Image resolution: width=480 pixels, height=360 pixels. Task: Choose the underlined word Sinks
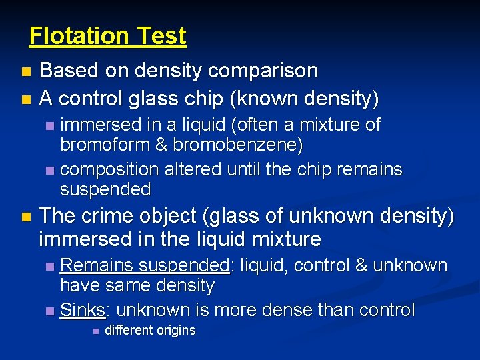(x=82, y=310)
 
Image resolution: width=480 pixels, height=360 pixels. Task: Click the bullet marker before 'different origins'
(x=95, y=331)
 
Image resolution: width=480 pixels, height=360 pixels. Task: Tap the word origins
(x=175, y=330)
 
